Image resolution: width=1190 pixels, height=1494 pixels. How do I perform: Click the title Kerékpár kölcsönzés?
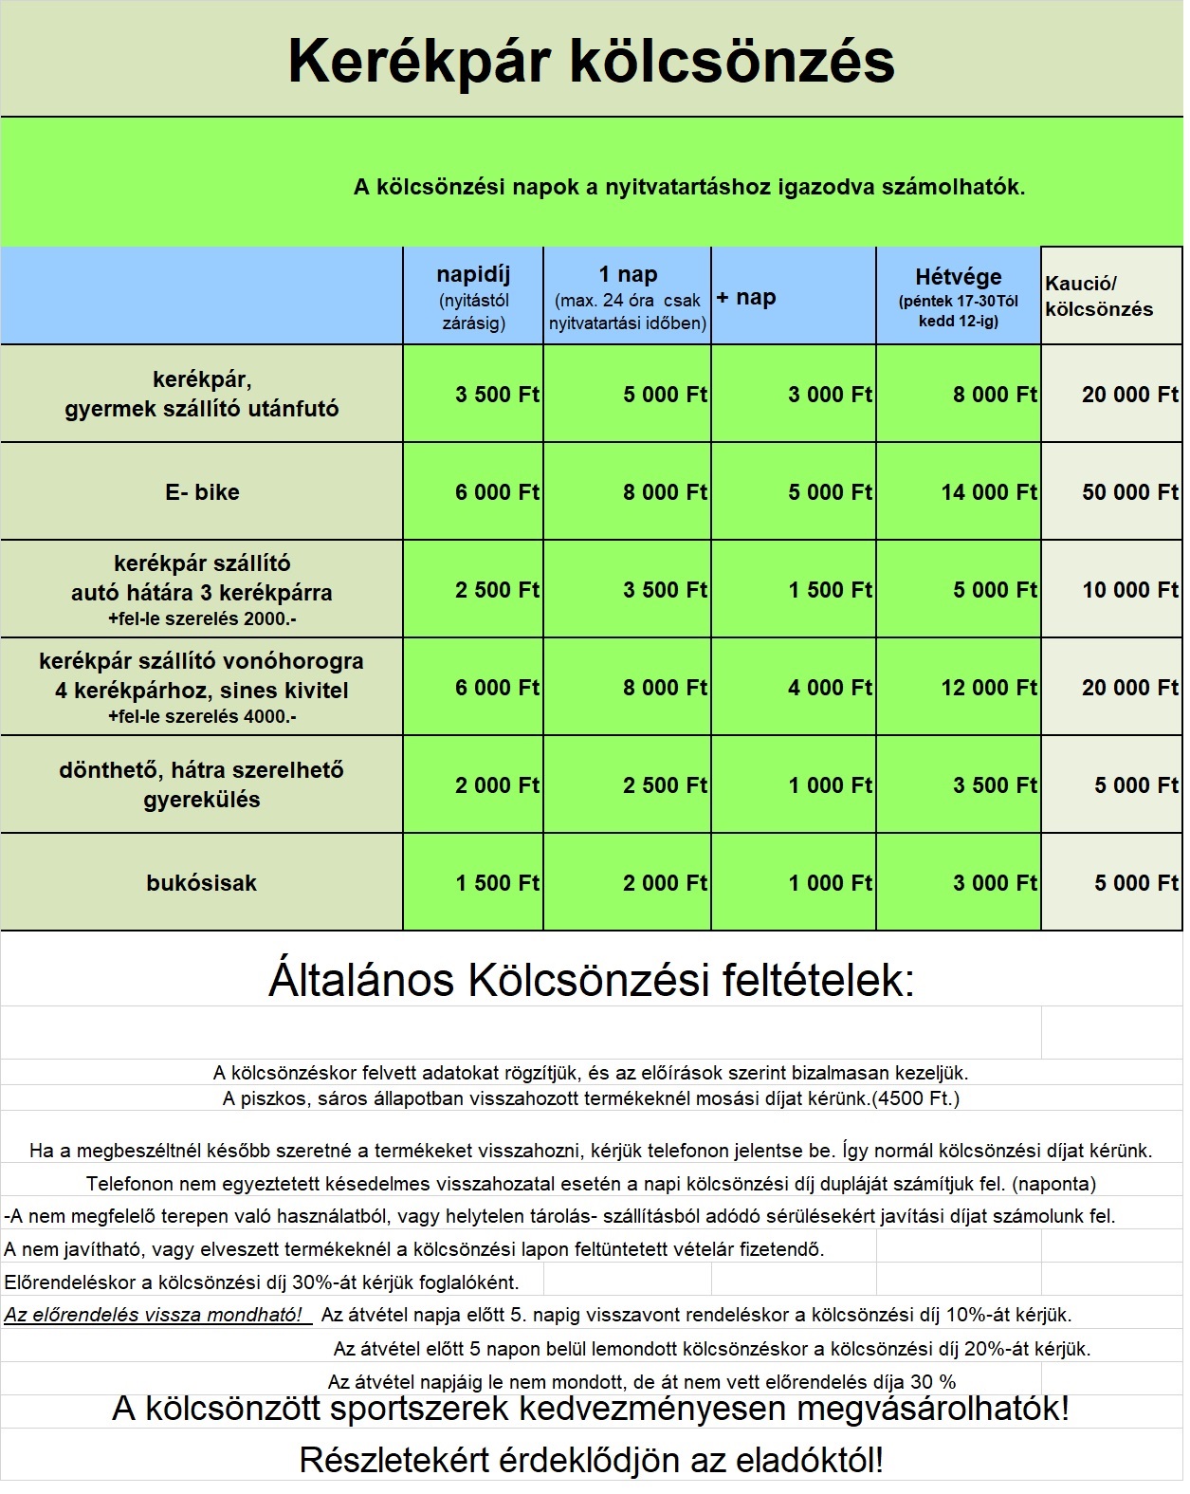(x=591, y=61)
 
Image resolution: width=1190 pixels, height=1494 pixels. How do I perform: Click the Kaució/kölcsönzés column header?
(x=1099, y=296)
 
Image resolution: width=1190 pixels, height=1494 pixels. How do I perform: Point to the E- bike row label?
(x=202, y=492)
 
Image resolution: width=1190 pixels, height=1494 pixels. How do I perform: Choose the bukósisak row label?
(x=201, y=883)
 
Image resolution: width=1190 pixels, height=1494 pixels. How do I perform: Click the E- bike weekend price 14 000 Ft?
(x=990, y=492)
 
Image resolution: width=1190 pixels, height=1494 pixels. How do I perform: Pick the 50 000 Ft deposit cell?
(x=1130, y=492)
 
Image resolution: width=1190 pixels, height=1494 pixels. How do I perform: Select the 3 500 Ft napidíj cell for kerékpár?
(x=497, y=395)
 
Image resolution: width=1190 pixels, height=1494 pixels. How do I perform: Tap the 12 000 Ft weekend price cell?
(x=989, y=688)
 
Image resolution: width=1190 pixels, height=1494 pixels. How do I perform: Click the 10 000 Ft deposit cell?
(x=1130, y=590)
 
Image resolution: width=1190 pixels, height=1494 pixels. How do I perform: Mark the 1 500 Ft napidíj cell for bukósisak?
(x=497, y=883)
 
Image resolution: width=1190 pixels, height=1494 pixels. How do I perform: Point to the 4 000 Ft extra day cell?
(x=830, y=688)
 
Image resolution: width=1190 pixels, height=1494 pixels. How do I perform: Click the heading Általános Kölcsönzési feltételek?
(x=591, y=980)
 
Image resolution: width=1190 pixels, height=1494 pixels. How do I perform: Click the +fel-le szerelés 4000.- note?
(x=202, y=717)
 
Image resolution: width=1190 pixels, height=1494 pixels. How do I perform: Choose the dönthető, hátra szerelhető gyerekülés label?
(x=201, y=784)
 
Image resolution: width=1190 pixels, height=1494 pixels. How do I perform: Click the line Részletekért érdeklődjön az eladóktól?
(x=591, y=1460)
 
